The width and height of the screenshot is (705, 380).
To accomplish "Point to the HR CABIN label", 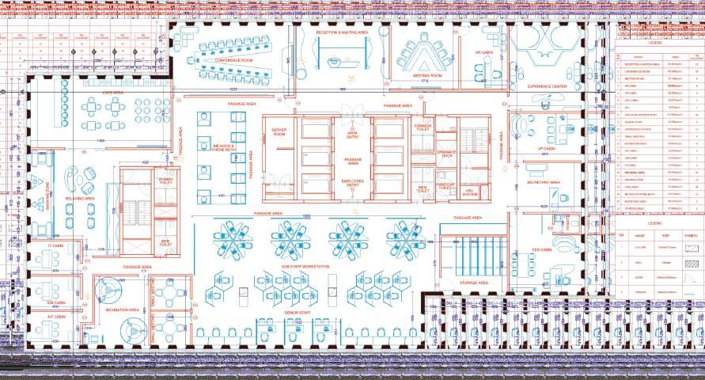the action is tap(483, 51).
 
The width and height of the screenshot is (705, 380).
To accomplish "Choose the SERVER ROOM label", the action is tap(279, 132).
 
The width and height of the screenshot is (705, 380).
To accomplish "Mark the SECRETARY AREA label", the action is tap(544, 182).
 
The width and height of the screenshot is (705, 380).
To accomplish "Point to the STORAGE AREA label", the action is tap(473, 282).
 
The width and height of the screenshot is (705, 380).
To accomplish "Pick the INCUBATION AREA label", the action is tap(123, 310).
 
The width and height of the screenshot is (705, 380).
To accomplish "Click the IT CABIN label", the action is tap(56, 246).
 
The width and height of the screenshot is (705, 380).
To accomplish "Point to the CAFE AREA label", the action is tap(112, 93).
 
